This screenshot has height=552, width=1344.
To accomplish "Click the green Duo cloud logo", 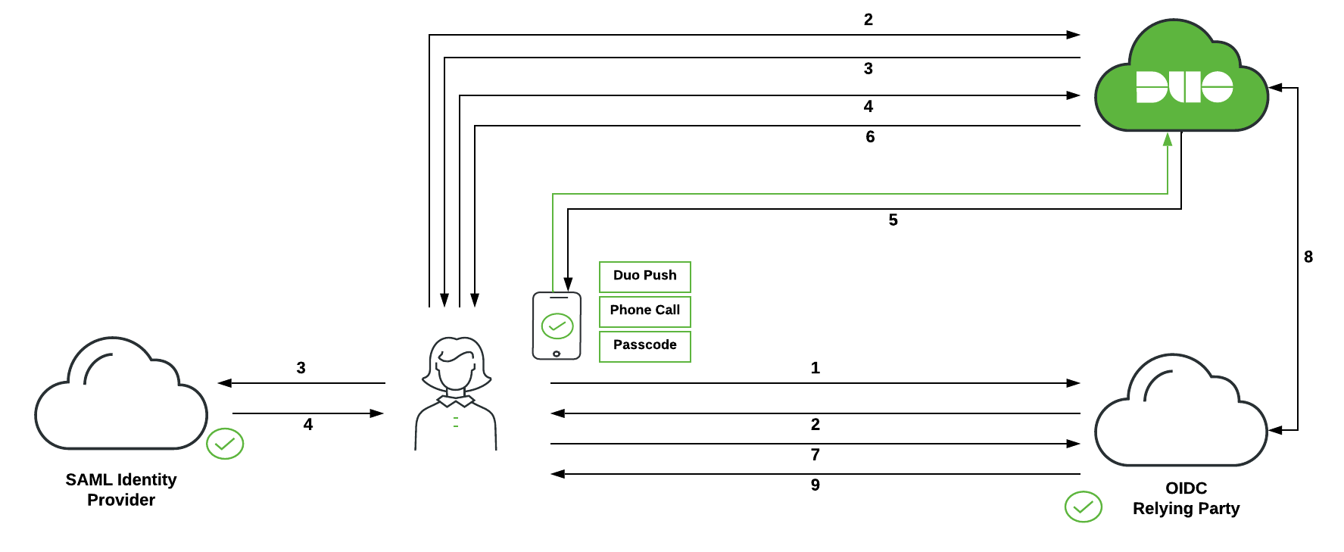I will pos(1181,83).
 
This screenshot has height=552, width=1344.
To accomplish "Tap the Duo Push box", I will pos(644,276).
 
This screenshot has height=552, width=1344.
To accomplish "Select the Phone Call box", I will pos(644,311).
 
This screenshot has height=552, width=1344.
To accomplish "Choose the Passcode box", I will pos(644,346).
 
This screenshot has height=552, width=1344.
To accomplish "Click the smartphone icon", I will pos(557,326).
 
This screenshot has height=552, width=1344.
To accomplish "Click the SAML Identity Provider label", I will pos(121,489).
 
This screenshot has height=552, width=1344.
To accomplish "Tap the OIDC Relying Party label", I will pos(1186,498).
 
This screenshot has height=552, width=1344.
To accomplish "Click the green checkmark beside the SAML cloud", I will pos(225,444).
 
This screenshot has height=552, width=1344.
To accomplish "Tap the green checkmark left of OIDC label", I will pos(1083,507).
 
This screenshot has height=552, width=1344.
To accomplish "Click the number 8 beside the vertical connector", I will pos(1308,257).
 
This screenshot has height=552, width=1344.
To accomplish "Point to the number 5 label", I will pos(893,220).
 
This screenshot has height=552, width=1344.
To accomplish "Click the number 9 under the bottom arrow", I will pos(815,485).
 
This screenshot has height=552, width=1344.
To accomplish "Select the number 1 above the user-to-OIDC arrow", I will pos(815,368).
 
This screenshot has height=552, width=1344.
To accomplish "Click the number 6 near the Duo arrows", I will pos(870,136).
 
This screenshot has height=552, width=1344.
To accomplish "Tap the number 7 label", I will pos(815,454).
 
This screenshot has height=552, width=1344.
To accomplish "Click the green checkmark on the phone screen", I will pos(557,326).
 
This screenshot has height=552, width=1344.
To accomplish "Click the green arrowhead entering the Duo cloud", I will pos(1168,140).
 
